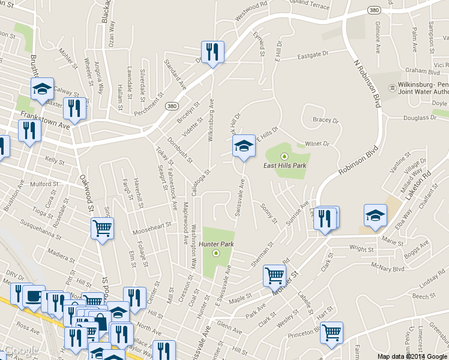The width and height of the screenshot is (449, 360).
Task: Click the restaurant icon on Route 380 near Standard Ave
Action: (212, 53)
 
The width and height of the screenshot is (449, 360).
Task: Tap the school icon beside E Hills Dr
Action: (244, 146)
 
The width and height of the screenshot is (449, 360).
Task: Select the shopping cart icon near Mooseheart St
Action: (102, 229)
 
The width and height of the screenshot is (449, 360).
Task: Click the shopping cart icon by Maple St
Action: (274, 275)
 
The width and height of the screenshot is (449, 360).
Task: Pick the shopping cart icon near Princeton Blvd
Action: (331, 332)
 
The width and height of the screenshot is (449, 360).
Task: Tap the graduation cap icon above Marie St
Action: (375, 215)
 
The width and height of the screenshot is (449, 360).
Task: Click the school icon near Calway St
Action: (42, 89)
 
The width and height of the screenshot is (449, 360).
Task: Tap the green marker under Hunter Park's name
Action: (217, 253)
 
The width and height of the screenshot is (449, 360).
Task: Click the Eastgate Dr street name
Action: (314, 57)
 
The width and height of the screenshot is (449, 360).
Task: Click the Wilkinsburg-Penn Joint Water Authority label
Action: (423, 88)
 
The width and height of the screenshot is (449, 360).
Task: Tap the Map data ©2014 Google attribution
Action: (412, 356)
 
